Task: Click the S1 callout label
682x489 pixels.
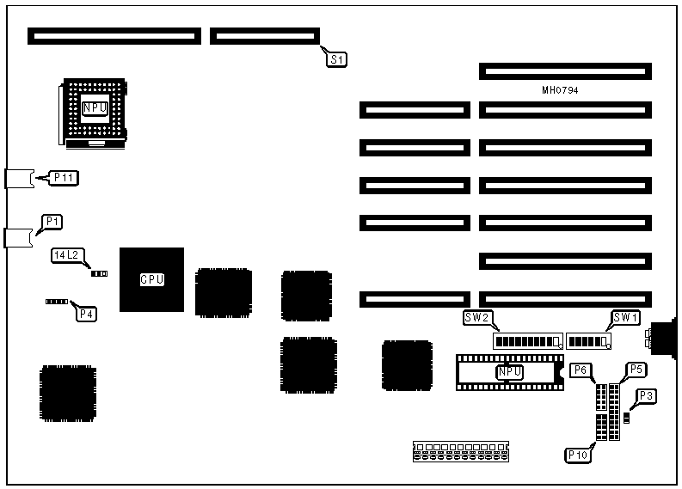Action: point(337,59)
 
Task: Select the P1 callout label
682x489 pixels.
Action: point(52,222)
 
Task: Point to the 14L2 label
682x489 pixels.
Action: point(65,255)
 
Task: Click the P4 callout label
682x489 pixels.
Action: point(87,315)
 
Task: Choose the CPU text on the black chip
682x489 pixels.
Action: point(152,279)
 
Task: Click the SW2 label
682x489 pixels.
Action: point(477,318)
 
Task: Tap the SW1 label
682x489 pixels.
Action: point(625,318)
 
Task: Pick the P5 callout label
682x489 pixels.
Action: point(637,369)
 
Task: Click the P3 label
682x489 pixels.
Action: point(647,396)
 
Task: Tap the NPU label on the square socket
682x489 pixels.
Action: point(95,107)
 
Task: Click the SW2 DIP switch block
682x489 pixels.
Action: point(527,341)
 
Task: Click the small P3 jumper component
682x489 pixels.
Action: point(627,418)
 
